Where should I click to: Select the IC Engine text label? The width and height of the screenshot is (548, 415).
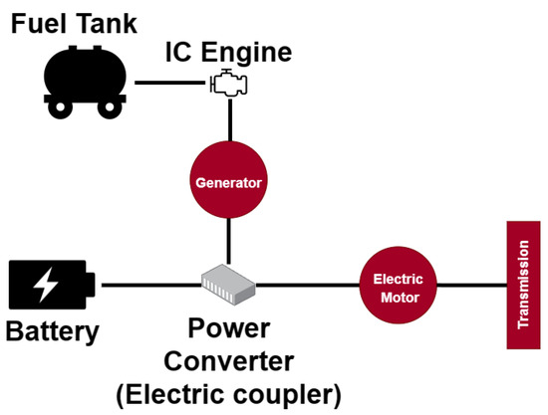pyautogui.click(x=230, y=52)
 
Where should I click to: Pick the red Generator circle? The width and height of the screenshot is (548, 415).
pyautogui.click(x=229, y=183)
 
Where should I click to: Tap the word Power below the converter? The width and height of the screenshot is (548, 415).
pyautogui.click(x=228, y=330)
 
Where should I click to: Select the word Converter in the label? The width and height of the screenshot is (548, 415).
pyautogui.click(x=228, y=361)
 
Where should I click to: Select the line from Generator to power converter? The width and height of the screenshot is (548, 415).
pyautogui.click(x=230, y=239)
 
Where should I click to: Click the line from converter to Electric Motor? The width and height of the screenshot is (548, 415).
pyautogui.click(x=309, y=287)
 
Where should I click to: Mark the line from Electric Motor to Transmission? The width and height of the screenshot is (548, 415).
pyautogui.click(x=468, y=287)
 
